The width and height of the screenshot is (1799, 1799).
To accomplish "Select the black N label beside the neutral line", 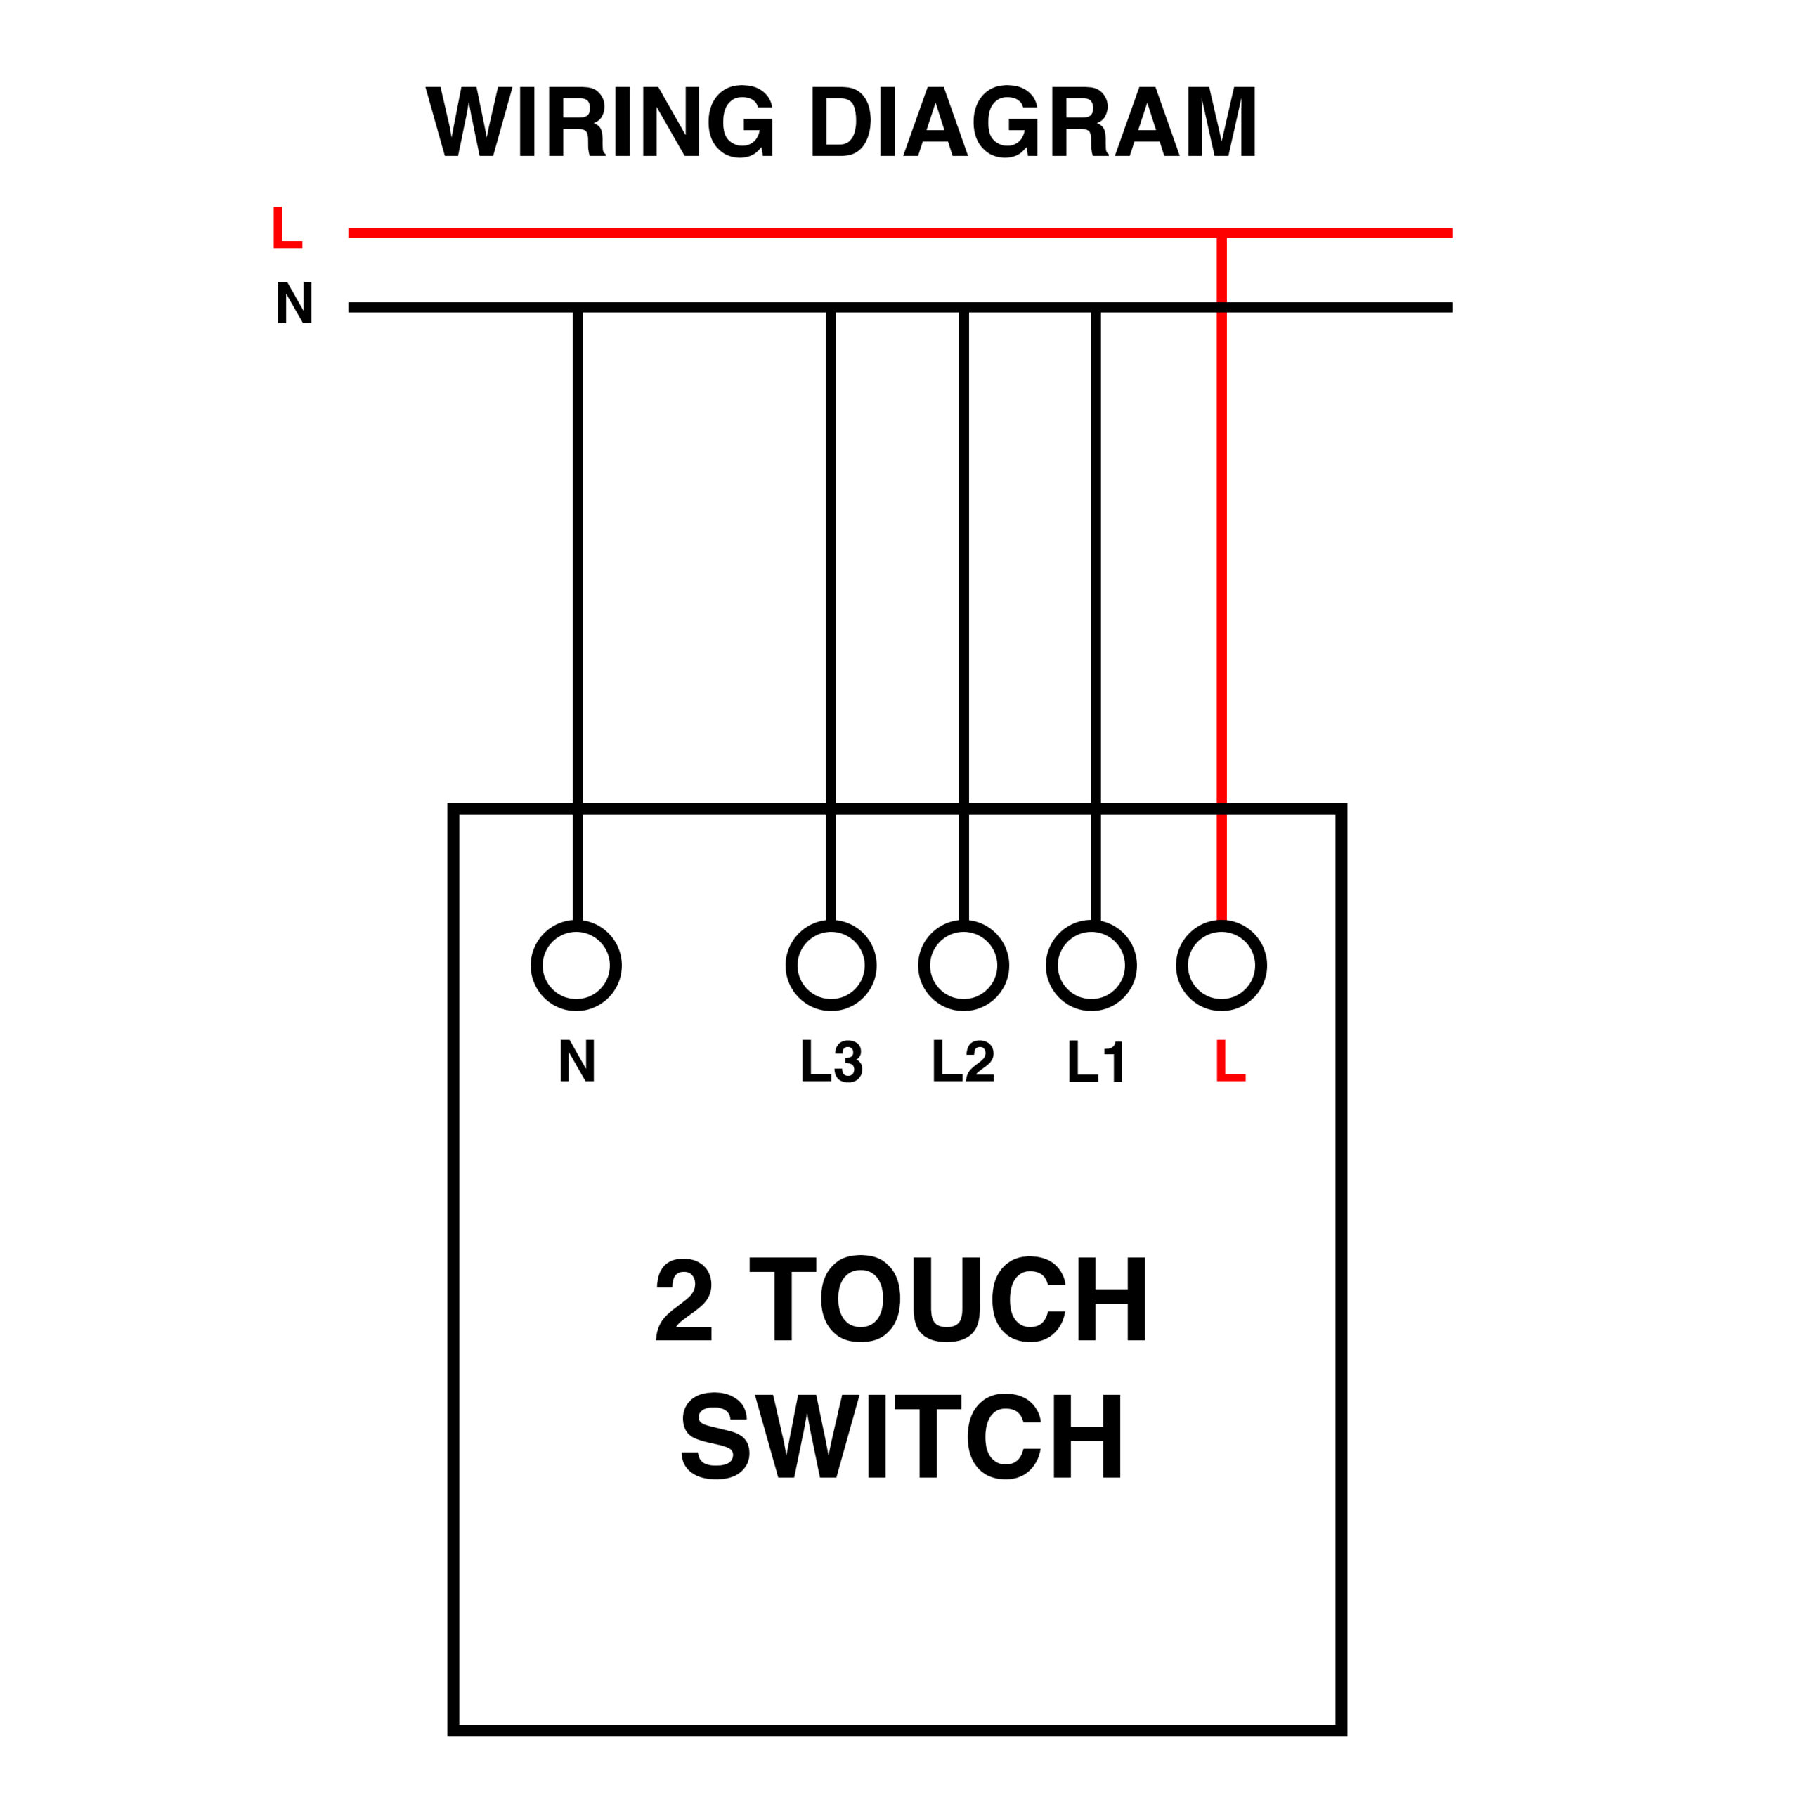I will pyautogui.click(x=294, y=303).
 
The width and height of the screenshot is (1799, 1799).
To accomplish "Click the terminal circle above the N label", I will pyautogui.click(x=576, y=966).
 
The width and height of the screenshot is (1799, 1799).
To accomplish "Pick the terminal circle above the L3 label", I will pyautogui.click(x=831, y=966).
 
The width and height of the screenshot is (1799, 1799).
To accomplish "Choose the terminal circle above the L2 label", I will pyautogui.click(x=963, y=966).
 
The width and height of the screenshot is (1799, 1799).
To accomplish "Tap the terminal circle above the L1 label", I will pyautogui.click(x=1091, y=966).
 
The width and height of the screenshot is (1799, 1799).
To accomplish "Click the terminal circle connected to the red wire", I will pyautogui.click(x=1221, y=966).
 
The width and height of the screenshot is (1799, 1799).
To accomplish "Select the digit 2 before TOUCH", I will pyautogui.click(x=684, y=1299).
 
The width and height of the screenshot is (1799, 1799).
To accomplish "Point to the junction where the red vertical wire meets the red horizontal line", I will pyautogui.click(x=1221, y=233).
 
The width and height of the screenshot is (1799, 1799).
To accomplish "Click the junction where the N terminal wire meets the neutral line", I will pyautogui.click(x=578, y=307).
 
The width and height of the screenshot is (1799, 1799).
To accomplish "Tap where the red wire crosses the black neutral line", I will pyautogui.click(x=1221, y=307).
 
